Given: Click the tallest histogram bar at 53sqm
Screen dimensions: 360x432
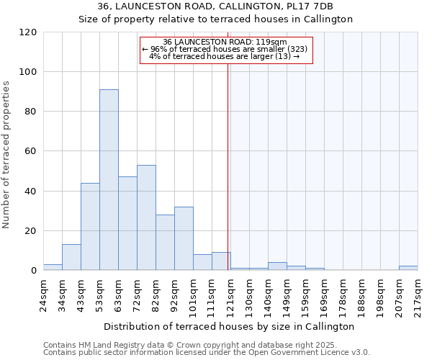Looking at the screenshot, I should tap(109, 180).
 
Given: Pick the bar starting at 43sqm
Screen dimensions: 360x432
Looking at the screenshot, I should tap(90, 227).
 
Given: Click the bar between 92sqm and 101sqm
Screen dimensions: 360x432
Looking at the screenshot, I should tap(184, 238).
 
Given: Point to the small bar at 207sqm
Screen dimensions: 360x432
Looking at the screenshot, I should tap(408, 268).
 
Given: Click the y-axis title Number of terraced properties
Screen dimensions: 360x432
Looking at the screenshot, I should tap(6, 155).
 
